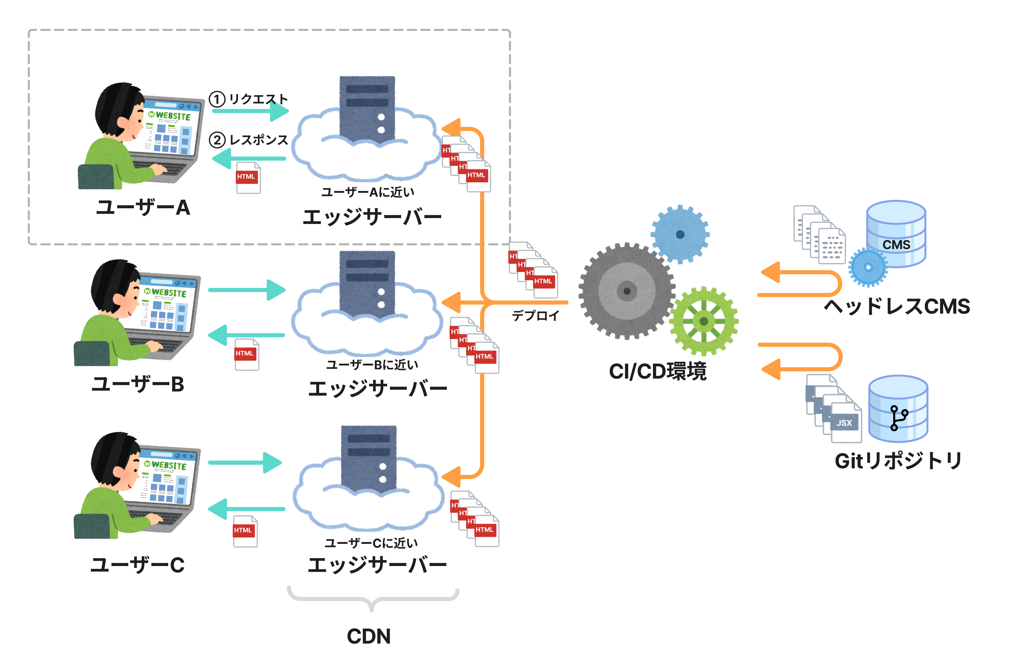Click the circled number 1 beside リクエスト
(x=217, y=99)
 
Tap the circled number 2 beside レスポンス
(x=217, y=140)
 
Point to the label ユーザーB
(x=138, y=384)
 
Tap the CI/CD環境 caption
(x=658, y=371)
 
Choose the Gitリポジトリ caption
(x=898, y=461)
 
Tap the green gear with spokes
(x=704, y=321)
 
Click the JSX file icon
(x=845, y=423)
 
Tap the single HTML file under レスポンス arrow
(x=248, y=178)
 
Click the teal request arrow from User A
(x=250, y=111)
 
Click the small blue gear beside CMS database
(x=868, y=268)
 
